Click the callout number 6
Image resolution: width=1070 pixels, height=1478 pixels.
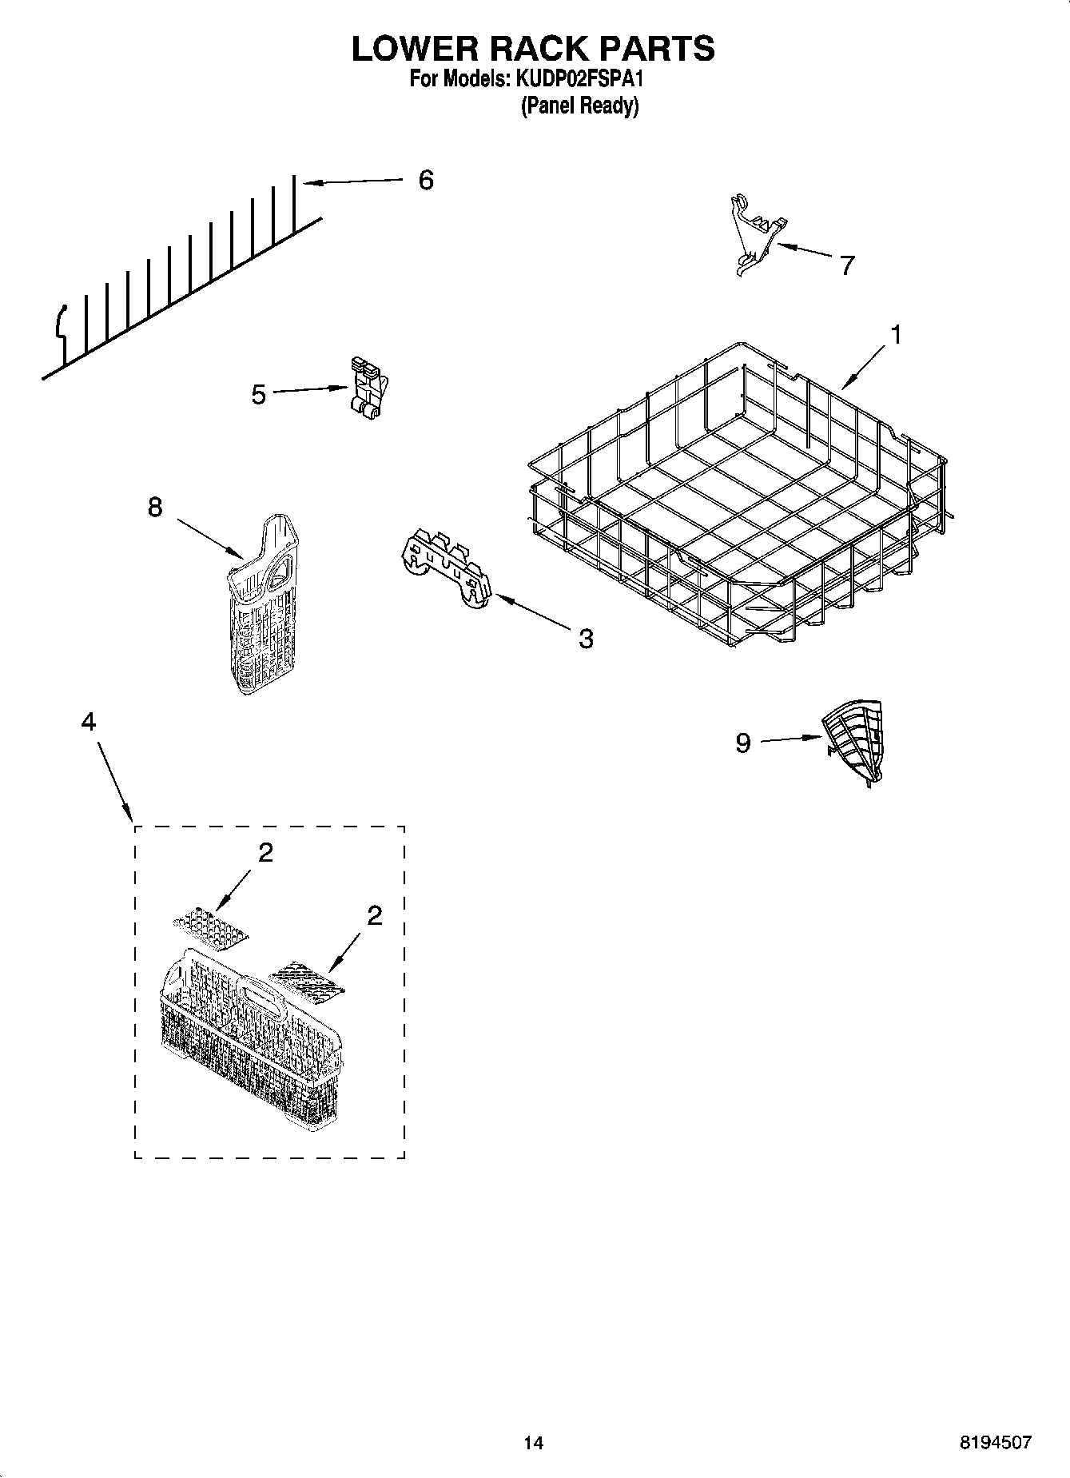[426, 180]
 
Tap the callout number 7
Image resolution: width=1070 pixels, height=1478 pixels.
[847, 265]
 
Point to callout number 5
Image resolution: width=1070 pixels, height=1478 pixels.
[258, 394]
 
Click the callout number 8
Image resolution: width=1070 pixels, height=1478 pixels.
[154, 506]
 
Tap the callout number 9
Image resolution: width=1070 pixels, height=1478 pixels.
[743, 743]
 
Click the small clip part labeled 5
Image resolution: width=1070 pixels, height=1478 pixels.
[368, 388]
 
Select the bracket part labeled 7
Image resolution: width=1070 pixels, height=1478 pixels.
[754, 234]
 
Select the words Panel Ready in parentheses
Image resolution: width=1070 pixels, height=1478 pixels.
[579, 106]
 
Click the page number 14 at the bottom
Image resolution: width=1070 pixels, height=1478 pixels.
[533, 1442]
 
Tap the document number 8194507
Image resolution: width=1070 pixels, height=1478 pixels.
[995, 1442]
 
